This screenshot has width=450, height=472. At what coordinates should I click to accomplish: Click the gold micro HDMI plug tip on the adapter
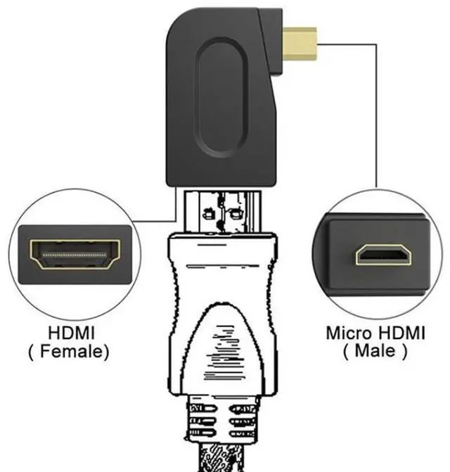pyautogui.click(x=299, y=43)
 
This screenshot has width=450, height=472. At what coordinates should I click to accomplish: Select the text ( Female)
pyautogui.click(x=69, y=351)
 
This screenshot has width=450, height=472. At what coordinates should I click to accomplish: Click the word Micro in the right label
pyautogui.click(x=350, y=332)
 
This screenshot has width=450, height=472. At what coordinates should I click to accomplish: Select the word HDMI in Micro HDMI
pyautogui.click(x=401, y=332)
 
